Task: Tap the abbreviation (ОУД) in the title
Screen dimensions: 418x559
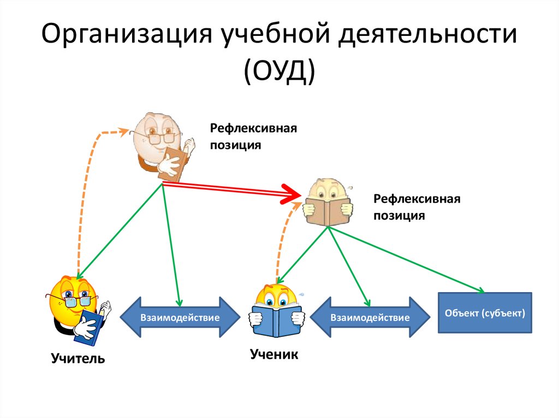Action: point(279,72)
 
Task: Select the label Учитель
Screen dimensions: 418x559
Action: point(78,359)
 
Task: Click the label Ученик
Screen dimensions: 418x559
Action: point(274,354)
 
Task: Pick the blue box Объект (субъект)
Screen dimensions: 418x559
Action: point(485,313)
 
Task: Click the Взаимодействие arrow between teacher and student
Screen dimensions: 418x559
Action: point(180,317)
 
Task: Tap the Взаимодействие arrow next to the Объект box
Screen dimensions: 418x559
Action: point(369,317)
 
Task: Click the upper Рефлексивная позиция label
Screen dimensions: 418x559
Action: point(254,137)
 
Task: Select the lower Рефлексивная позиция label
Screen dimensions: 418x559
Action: point(417,207)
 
